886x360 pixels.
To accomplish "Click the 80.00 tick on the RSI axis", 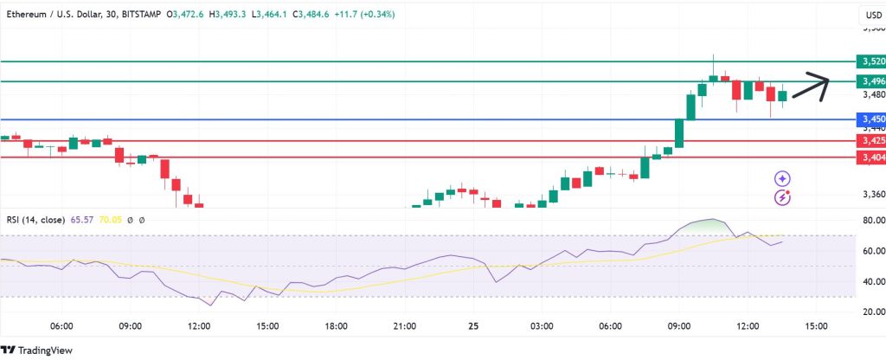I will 868,222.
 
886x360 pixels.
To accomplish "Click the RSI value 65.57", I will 80,221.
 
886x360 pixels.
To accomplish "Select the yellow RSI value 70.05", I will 111,221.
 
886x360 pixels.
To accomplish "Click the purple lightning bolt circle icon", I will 782,197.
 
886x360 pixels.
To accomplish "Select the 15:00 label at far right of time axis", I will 816,326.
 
